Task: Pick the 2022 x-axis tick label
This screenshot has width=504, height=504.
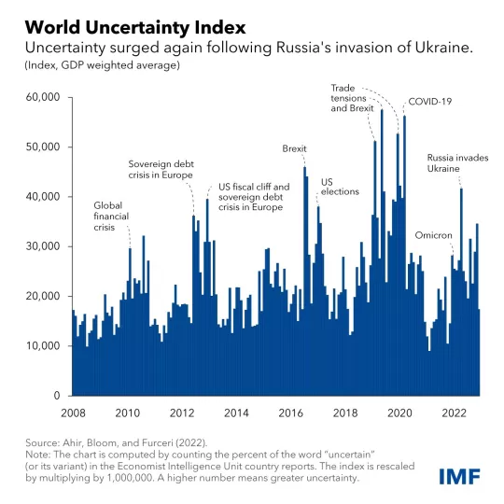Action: point(454,412)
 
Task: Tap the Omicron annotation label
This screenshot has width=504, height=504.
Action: point(433,235)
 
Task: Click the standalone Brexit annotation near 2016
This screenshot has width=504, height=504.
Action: point(294,148)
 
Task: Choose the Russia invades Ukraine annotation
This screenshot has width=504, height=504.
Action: point(457,163)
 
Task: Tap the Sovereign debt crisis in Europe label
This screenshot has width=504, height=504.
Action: point(161,169)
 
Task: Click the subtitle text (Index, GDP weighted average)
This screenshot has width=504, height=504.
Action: point(93,65)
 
